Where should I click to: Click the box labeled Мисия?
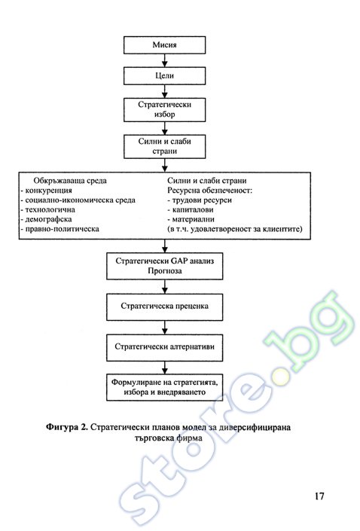(165, 45)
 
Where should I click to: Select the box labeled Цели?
(165, 75)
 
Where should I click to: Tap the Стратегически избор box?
(165, 109)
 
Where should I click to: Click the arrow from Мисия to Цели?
(165, 60)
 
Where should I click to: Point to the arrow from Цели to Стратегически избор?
(165, 91)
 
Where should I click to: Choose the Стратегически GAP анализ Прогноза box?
(165, 266)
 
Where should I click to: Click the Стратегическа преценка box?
(165, 307)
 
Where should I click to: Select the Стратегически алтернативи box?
(165, 347)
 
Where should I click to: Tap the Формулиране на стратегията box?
(165, 387)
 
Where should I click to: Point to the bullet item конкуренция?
(47, 191)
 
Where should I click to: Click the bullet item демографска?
(46, 219)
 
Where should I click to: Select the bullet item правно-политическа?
(60, 229)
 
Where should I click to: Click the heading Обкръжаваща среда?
(70, 181)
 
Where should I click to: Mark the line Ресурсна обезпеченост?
(209, 191)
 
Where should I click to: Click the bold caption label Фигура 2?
(67, 427)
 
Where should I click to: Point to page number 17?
(319, 496)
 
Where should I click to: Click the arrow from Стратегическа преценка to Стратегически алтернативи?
(165, 328)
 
